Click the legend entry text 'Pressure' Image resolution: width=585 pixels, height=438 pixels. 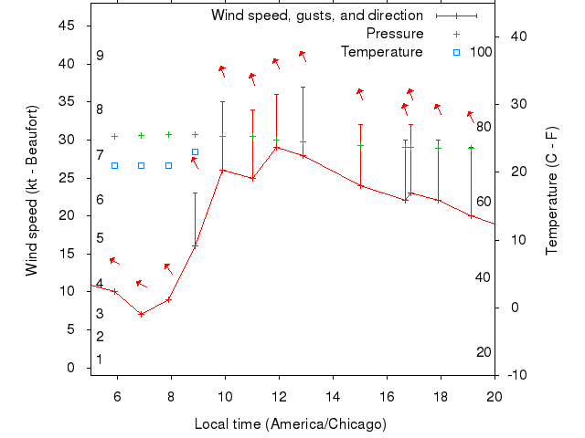395,34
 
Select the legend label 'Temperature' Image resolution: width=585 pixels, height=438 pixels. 382,52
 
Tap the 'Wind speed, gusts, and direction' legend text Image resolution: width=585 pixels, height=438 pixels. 317,16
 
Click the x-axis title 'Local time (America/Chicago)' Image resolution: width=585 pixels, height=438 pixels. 290,424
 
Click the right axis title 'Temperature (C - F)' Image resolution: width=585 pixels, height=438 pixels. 551,191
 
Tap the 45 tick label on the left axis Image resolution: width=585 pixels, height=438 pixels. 66,26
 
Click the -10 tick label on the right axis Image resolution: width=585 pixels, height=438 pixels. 516,375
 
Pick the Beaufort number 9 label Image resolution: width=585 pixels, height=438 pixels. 100,56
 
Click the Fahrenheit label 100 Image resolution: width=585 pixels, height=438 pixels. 481,52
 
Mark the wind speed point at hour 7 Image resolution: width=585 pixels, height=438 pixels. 142,314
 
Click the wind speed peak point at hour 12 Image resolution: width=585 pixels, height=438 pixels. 276,147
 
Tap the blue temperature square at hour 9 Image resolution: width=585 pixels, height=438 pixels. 195,152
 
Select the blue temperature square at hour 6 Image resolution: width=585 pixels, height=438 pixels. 114,165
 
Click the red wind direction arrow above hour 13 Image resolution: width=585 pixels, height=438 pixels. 303,57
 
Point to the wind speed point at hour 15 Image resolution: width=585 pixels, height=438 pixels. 360,185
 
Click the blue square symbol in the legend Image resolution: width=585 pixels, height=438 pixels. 456,52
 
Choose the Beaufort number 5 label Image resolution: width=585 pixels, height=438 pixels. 100,238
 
